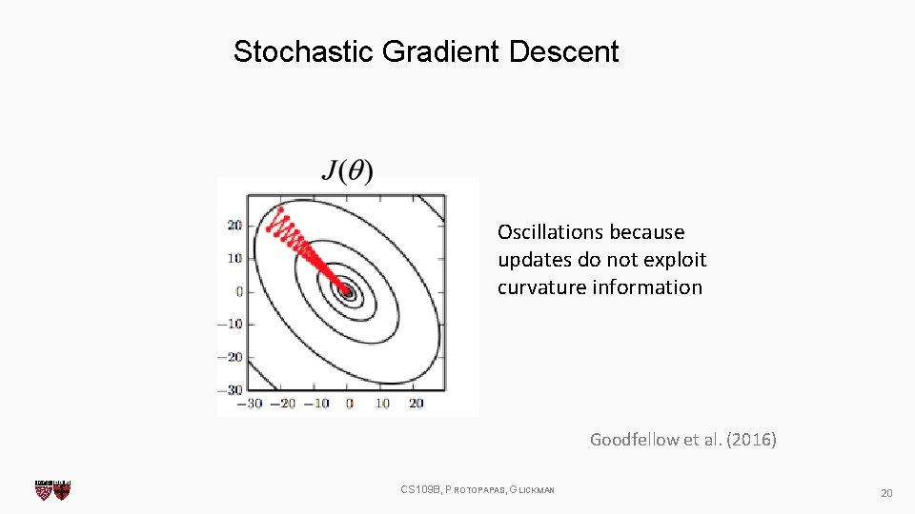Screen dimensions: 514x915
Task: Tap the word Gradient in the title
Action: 439,51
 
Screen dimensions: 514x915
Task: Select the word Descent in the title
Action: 563,51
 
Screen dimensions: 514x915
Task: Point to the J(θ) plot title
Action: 347,170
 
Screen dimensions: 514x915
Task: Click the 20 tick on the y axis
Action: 234,226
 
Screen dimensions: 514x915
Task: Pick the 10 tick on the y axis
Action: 234,258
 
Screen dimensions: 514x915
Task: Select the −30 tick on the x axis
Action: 251,403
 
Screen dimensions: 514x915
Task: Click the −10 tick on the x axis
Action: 315,403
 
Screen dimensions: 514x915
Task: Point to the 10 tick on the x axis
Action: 382,403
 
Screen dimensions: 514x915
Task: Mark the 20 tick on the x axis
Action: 416,403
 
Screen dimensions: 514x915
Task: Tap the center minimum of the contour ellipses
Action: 348,292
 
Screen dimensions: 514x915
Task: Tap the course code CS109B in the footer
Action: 421,490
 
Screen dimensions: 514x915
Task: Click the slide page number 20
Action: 885,493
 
